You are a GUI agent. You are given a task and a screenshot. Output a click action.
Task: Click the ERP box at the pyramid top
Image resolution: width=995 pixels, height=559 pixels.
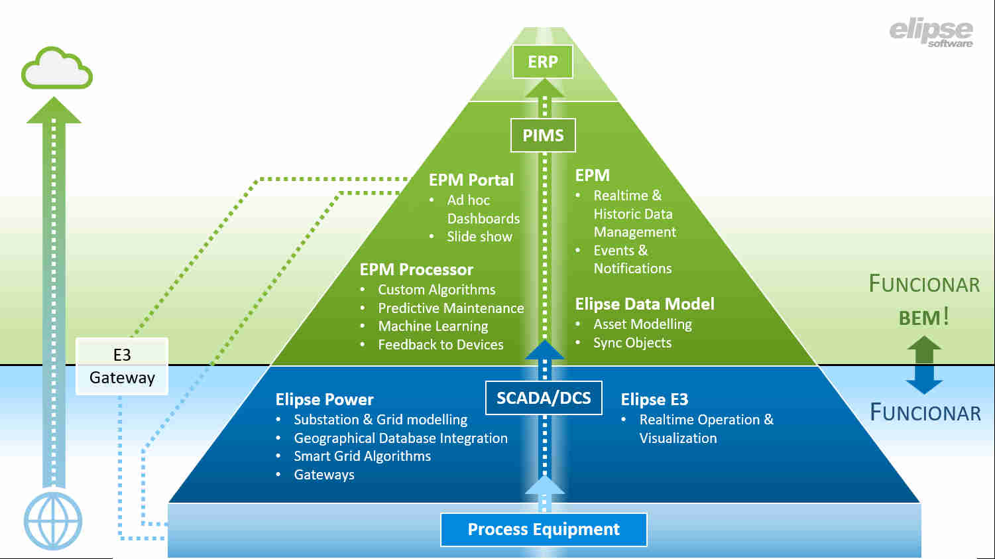click(x=542, y=62)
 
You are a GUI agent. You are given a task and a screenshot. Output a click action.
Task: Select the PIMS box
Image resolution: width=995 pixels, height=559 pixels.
click(x=543, y=135)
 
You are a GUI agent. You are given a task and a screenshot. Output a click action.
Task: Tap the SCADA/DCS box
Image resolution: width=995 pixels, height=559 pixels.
click(x=544, y=398)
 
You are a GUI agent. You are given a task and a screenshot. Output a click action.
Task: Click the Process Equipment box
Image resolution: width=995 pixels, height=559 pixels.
click(x=544, y=529)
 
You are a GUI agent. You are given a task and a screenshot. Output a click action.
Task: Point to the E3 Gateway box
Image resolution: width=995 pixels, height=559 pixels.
click(x=122, y=366)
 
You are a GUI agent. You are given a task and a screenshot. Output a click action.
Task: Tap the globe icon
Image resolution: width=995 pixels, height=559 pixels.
click(x=53, y=521)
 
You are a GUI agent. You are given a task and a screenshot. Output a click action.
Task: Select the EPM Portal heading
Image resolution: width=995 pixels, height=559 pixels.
click(x=471, y=180)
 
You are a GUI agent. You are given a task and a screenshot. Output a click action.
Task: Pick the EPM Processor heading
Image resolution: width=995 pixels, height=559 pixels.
click(x=416, y=270)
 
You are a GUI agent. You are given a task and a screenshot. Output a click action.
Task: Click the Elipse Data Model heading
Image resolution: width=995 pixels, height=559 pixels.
click(x=644, y=304)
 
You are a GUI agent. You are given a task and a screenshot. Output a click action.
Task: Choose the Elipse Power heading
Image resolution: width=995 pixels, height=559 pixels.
click(x=324, y=399)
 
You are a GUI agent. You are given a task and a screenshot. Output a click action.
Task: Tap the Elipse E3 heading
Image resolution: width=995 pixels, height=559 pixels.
click(x=654, y=399)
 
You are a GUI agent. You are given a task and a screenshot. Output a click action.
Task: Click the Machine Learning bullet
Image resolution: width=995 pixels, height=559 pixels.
click(x=433, y=326)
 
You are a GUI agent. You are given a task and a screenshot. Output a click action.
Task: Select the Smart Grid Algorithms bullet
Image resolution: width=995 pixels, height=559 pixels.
click(x=362, y=456)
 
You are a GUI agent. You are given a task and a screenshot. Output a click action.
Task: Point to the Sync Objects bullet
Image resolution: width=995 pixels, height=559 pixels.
click(x=632, y=343)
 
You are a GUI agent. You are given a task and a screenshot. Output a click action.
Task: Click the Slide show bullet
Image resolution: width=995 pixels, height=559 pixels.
click(x=479, y=237)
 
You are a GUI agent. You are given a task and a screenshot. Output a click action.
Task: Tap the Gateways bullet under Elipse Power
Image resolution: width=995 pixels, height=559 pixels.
click(x=324, y=475)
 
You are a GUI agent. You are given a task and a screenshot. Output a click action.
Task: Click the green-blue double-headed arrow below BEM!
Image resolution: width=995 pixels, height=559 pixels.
click(x=924, y=365)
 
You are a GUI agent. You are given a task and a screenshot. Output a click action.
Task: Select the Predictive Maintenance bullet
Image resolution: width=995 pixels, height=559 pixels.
click(x=451, y=308)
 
